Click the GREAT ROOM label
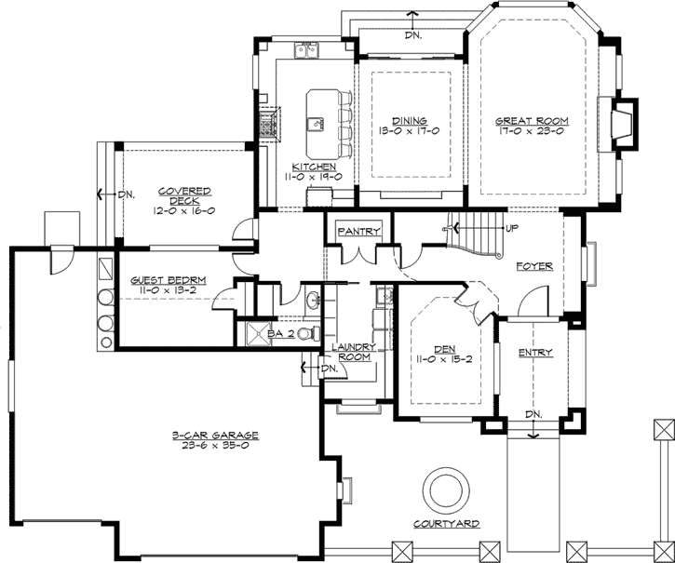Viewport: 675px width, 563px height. [532, 121]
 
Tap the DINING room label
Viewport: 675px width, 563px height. [410, 121]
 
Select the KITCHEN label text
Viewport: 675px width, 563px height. [314, 167]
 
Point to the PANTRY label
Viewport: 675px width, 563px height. [359, 232]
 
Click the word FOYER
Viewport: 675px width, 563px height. [534, 266]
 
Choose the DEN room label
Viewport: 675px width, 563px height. [445, 350]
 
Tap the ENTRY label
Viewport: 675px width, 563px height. [535, 353]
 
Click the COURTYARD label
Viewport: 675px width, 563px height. [446, 524]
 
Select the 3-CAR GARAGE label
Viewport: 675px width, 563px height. [215, 436]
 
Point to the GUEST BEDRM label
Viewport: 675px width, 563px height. [169, 281]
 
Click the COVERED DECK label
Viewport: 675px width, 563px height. [184, 195]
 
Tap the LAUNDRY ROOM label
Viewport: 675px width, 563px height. [354, 352]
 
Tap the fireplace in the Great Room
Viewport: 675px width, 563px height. [624, 125]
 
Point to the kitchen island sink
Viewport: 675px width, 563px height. [317, 125]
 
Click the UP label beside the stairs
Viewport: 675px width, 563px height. [512, 228]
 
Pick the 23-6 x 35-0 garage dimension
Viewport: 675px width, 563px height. [215, 446]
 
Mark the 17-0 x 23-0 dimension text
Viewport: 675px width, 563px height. [532, 131]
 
